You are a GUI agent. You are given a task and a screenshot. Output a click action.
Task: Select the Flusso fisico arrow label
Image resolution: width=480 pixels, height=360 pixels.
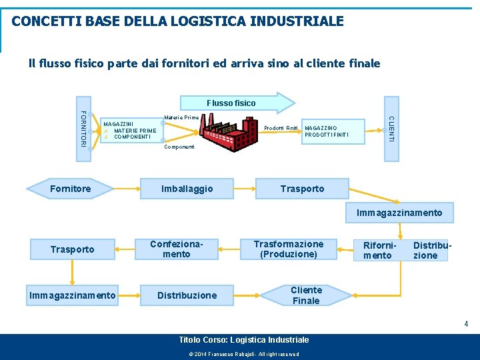click(231, 103)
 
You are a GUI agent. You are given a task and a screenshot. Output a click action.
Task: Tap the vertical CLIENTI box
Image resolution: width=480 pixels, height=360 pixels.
click(391, 129)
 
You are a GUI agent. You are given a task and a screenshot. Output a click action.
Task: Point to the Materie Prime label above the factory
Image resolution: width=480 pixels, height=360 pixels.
click(181, 117)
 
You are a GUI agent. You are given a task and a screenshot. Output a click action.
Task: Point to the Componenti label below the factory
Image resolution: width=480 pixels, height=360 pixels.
click(179, 147)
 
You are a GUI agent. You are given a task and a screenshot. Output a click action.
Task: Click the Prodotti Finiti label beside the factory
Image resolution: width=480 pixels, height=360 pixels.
click(281, 128)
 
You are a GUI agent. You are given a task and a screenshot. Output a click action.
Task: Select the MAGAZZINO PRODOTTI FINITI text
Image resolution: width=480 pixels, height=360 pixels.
click(326, 131)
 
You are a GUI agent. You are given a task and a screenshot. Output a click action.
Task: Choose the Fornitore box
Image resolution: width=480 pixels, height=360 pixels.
click(71, 189)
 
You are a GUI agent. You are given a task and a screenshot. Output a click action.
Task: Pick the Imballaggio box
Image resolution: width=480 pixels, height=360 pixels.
click(187, 189)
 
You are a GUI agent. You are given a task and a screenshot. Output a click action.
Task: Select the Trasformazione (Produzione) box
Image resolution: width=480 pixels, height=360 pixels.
click(289, 249)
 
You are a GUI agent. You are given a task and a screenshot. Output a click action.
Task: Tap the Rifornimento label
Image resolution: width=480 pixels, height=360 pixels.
click(378, 251)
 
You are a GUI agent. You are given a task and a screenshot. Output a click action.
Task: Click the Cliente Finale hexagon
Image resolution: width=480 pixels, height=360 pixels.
click(306, 295)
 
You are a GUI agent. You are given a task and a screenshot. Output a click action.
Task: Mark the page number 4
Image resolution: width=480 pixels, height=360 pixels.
click(466, 324)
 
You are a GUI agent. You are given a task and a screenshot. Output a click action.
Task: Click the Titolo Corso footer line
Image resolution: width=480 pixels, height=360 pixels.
click(244, 340)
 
